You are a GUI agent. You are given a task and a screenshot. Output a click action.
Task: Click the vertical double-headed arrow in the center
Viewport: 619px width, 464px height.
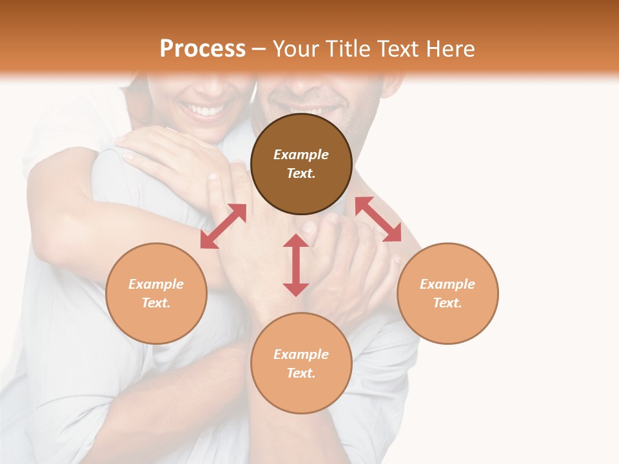[296, 265]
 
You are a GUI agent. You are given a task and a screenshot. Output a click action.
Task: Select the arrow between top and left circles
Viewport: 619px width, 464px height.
[223, 226]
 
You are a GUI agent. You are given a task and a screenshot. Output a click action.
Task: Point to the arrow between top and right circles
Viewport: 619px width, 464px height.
[378, 219]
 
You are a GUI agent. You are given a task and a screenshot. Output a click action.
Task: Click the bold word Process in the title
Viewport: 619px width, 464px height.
[202, 49]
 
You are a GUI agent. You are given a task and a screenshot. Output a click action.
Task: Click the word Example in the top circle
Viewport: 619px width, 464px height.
[301, 155]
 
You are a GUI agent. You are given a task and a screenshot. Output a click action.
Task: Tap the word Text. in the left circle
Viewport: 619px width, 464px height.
[156, 303]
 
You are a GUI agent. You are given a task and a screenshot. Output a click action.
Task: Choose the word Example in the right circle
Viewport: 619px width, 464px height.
[447, 284]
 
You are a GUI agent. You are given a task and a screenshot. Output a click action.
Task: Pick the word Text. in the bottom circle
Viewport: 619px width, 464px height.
[301, 373]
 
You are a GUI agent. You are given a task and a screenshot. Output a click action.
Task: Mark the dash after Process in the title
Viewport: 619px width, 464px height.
[259, 49]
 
